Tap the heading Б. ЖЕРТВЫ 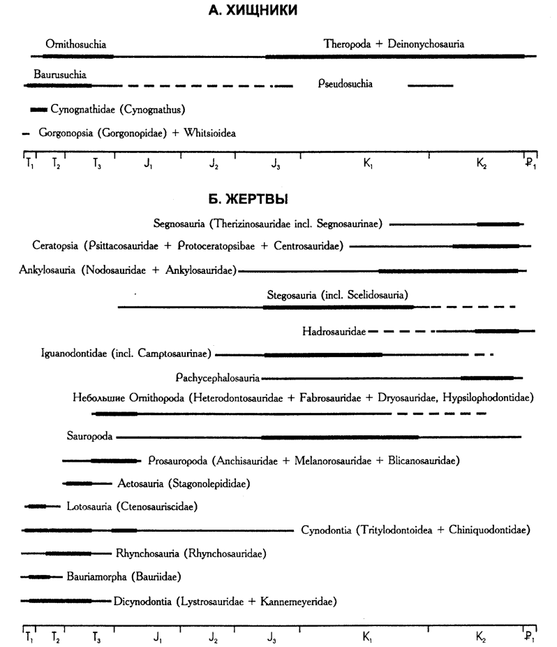pos(249,199)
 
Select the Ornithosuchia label pos(70,43)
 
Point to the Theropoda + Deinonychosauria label pos(394,43)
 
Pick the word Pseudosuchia pos(344,85)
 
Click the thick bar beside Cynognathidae pos(39,110)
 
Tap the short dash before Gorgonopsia pos(27,133)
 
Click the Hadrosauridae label pos(334,330)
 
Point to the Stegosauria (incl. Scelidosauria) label pos(337,294)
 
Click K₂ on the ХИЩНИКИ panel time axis pos(481,165)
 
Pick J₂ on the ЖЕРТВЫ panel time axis pos(214,637)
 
